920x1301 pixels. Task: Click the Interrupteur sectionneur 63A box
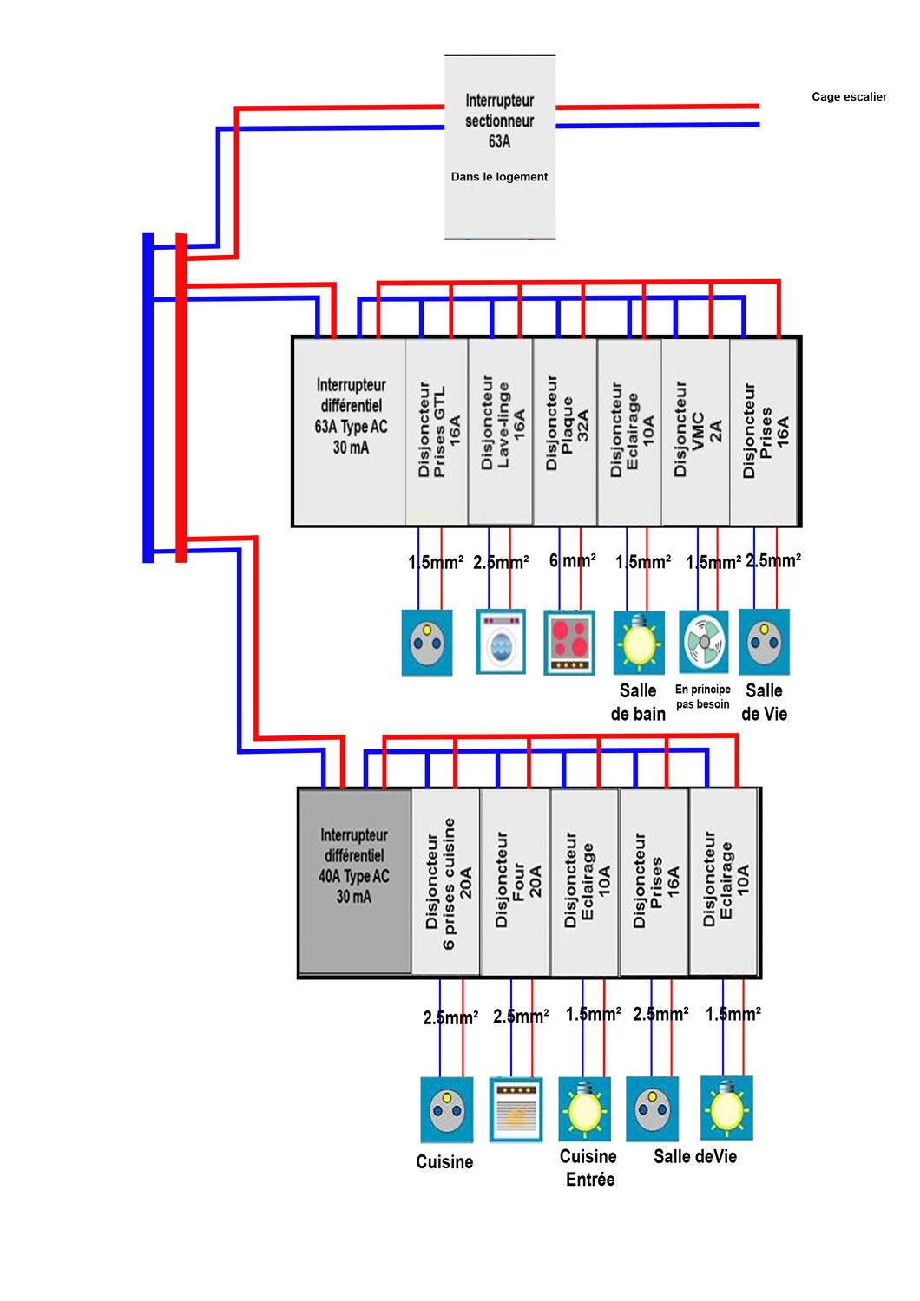point(500,147)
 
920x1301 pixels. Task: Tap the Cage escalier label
point(849,97)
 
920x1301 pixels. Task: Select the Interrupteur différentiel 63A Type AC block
point(351,431)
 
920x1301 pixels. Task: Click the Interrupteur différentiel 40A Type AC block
point(354,881)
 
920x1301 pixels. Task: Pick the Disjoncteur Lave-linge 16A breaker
point(501,431)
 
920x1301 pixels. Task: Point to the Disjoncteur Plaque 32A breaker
point(565,431)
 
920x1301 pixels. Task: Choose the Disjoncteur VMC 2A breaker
point(696,431)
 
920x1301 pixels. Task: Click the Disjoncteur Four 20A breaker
point(516,881)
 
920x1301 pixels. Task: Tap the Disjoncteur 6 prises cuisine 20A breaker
point(446,881)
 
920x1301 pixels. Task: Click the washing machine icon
point(502,643)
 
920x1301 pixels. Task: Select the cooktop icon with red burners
point(569,643)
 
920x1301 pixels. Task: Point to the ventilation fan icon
point(703,643)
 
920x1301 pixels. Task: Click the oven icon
point(516,1109)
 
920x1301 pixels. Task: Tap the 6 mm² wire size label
point(573,561)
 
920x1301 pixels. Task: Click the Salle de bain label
point(638,703)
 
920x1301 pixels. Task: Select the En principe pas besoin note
point(703,696)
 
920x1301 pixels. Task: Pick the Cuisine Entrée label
point(588,1167)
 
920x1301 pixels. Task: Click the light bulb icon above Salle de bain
point(639,643)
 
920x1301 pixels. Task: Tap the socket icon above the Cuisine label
point(447,1109)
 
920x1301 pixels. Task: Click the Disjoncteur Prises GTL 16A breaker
point(437,431)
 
